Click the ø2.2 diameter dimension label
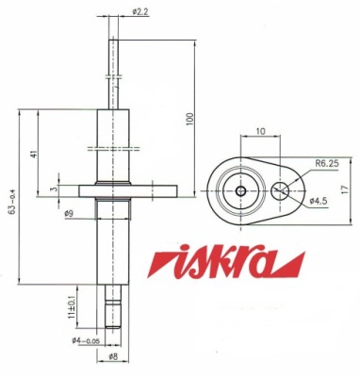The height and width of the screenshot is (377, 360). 140,12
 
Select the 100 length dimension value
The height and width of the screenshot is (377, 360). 190,119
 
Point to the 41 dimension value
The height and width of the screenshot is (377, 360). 34,154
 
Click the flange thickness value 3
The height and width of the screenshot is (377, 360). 56,188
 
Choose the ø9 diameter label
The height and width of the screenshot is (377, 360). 69,214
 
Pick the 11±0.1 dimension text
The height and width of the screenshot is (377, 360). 72,307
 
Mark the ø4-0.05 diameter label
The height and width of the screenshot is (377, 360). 86,340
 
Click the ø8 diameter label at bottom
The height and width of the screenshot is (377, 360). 113,357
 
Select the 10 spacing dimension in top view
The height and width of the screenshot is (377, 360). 260,131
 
